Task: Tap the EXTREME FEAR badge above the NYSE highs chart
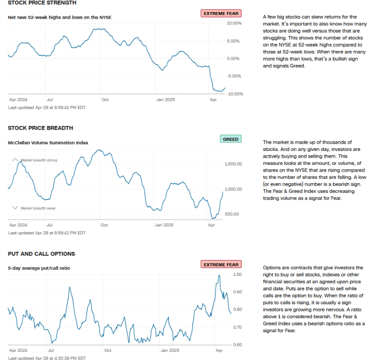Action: click(x=221, y=13)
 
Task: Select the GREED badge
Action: click(x=231, y=139)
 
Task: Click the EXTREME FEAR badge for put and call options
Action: click(x=221, y=265)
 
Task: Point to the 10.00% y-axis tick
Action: click(x=234, y=23)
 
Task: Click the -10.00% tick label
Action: click(x=234, y=94)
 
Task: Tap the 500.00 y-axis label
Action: click(x=232, y=214)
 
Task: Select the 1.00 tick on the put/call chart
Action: click(x=237, y=274)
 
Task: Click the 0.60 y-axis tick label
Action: click(x=237, y=345)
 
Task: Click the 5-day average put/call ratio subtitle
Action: click(x=39, y=268)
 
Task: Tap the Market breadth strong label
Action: click(x=39, y=160)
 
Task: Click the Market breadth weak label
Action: click(x=38, y=208)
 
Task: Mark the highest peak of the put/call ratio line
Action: click(x=219, y=276)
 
